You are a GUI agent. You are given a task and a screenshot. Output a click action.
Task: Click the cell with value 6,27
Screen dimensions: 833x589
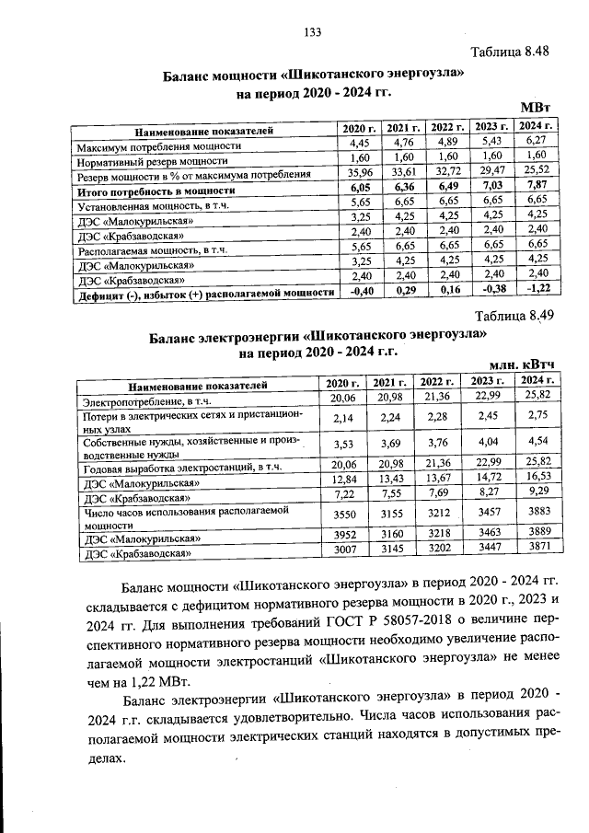coord(537,143)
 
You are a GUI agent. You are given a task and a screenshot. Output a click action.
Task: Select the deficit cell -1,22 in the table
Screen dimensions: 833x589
coord(537,290)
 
